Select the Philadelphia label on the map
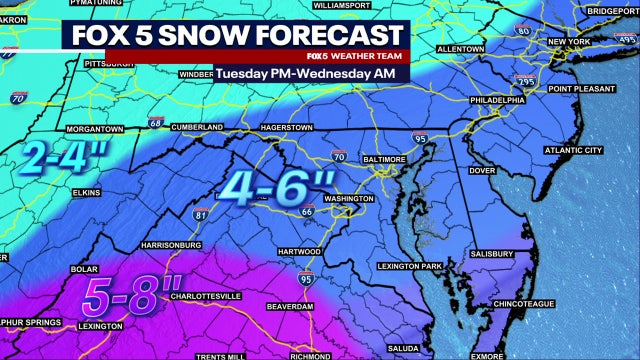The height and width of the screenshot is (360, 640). (497, 100)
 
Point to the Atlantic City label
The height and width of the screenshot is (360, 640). (572, 150)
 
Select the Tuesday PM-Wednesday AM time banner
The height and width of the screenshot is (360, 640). (305, 74)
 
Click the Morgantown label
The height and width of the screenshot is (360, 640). (94, 130)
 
